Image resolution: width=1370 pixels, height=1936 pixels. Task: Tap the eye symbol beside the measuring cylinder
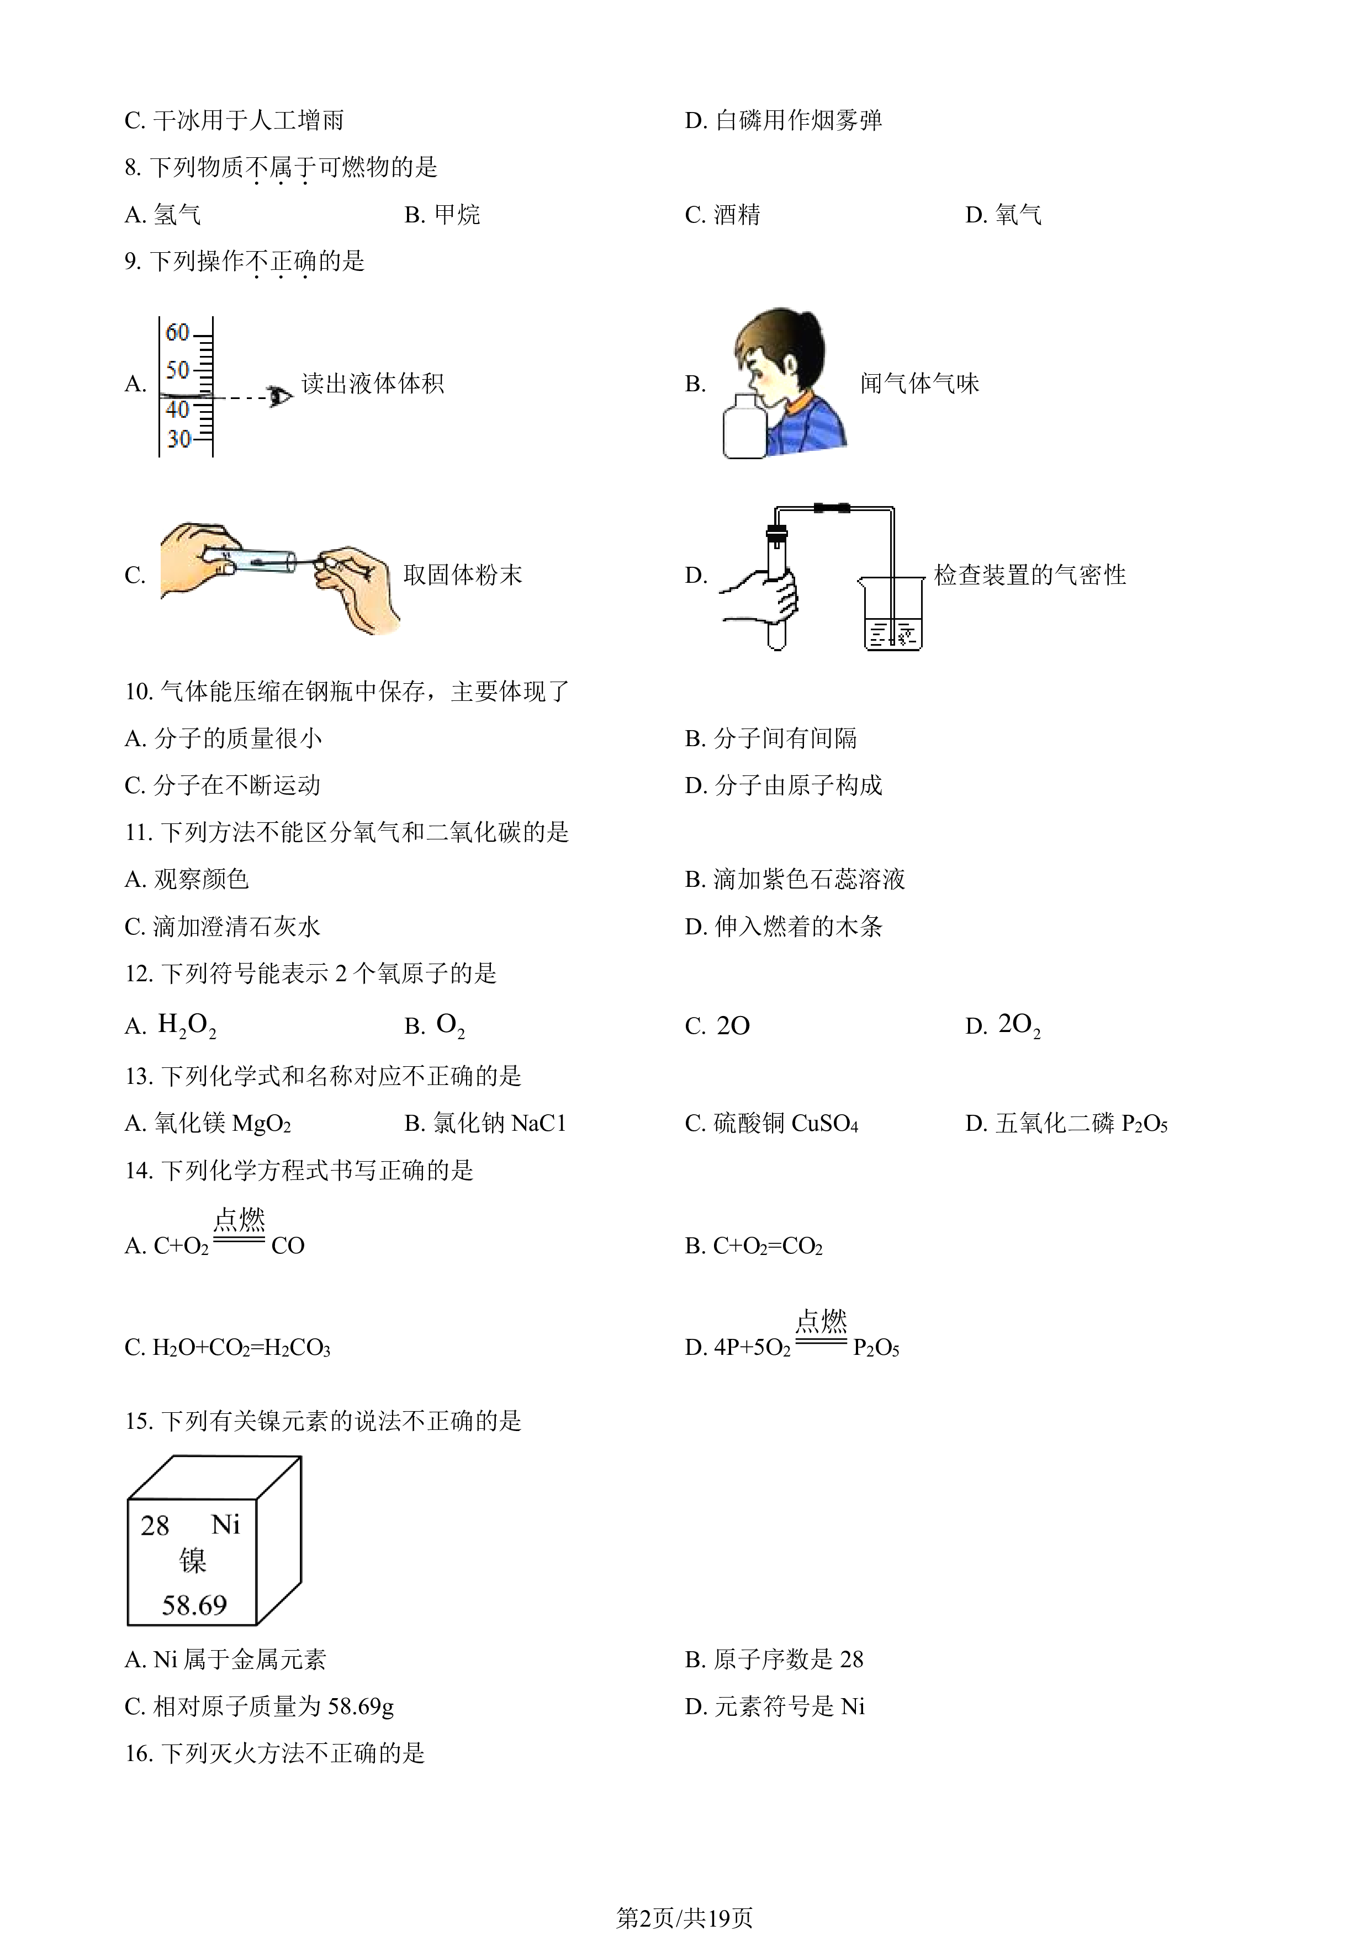tap(279, 396)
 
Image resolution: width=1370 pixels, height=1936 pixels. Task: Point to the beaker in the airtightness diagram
tap(892, 613)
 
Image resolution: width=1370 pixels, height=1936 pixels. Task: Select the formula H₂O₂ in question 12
tap(187, 1025)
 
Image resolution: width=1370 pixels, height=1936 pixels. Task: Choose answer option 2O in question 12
tap(733, 1025)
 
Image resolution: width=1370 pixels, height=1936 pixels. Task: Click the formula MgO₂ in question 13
tap(262, 1123)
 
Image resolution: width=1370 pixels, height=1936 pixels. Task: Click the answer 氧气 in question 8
tap(1018, 215)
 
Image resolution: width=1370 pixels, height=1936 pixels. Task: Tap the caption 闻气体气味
tap(919, 384)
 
